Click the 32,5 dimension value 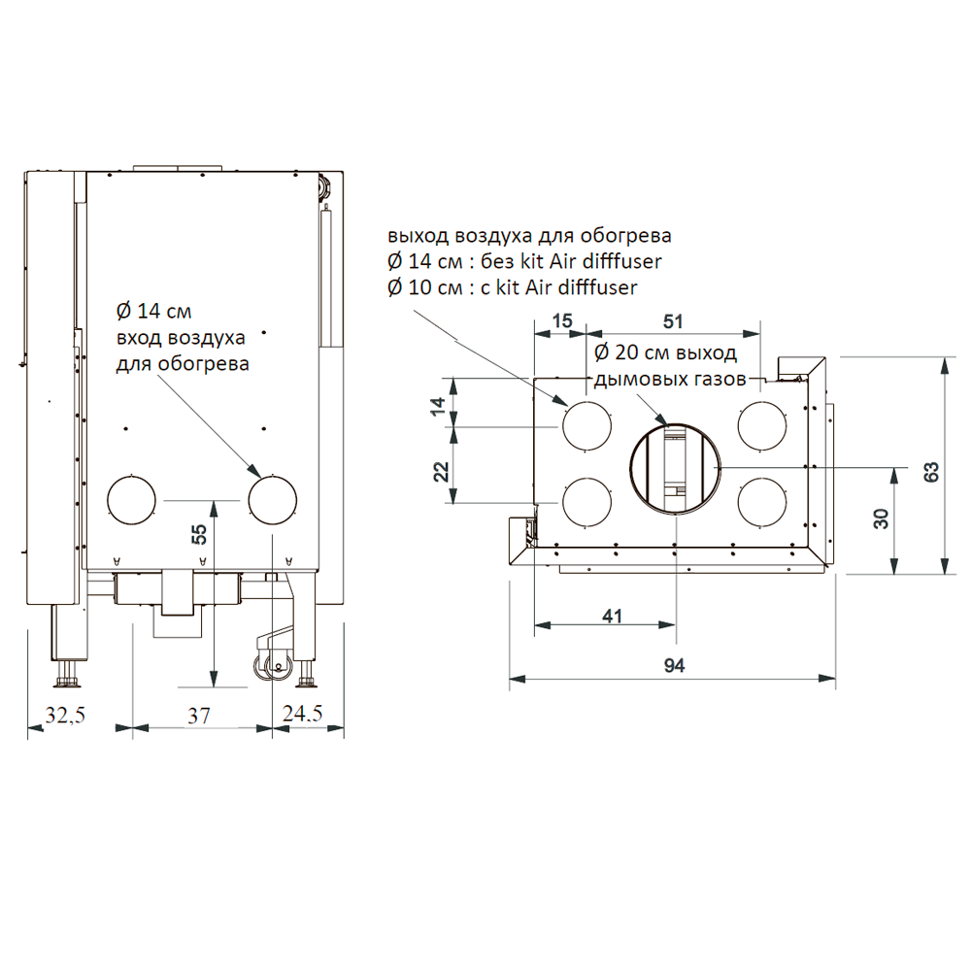pyautogui.click(x=65, y=715)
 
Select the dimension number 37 pyautogui.click(x=199, y=716)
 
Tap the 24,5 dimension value pyautogui.click(x=302, y=714)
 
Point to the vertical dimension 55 pyautogui.click(x=199, y=534)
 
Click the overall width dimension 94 pyautogui.click(x=675, y=666)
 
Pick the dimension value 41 pyautogui.click(x=612, y=617)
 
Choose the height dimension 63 pyautogui.click(x=931, y=472)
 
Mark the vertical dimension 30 pyautogui.click(x=881, y=519)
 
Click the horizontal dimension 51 pyautogui.click(x=673, y=321)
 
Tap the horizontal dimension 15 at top pyautogui.click(x=562, y=320)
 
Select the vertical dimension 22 pyautogui.click(x=440, y=472)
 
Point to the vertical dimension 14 pyautogui.click(x=438, y=406)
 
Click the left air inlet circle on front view pyautogui.click(x=108, y=500)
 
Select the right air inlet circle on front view pyautogui.click(x=249, y=500)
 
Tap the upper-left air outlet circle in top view pyautogui.click(x=563, y=426)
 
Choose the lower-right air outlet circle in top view pyautogui.click(x=738, y=503)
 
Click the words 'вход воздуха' pyautogui.click(x=181, y=338)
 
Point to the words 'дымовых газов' pyautogui.click(x=670, y=379)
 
